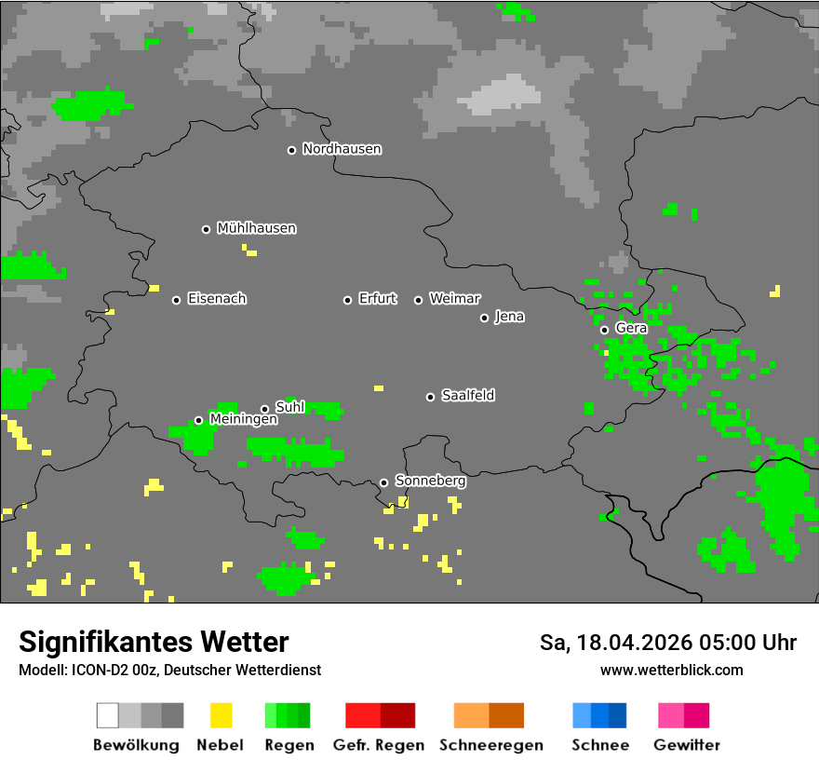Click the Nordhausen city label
click(342, 149)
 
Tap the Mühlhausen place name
click(256, 228)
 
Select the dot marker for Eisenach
click(176, 300)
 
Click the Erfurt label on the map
click(377, 299)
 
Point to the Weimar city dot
click(418, 300)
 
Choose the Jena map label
click(509, 317)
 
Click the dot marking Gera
click(604, 330)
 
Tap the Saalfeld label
click(467, 396)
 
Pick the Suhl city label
click(290, 407)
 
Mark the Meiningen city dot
click(198, 420)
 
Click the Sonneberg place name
click(430, 481)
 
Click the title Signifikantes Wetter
click(154, 643)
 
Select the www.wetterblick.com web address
click(671, 671)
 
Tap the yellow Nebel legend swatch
click(222, 715)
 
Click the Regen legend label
click(289, 745)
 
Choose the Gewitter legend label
click(686, 745)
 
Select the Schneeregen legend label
click(490, 745)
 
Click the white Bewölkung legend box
click(108, 715)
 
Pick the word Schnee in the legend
click(599, 745)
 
